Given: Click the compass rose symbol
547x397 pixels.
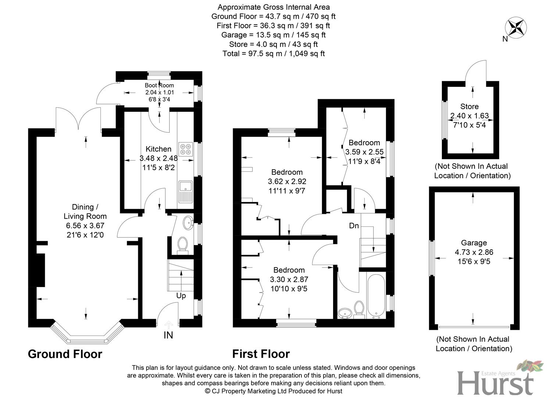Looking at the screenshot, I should pyautogui.click(x=516, y=27).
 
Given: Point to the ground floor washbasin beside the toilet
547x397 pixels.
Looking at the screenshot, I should pyautogui.click(x=188, y=222).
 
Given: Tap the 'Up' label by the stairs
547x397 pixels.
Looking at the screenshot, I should pyautogui.click(x=181, y=296).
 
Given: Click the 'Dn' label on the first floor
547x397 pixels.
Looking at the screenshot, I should pyautogui.click(x=354, y=226).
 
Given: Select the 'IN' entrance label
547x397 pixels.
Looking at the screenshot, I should pyautogui.click(x=168, y=335).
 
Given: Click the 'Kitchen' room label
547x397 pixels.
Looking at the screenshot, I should pyautogui.click(x=158, y=149).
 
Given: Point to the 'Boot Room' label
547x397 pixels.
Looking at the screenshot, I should pyautogui.click(x=159, y=85).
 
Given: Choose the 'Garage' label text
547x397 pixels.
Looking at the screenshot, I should pyautogui.click(x=474, y=243).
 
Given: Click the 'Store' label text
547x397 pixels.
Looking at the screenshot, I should pyautogui.click(x=469, y=107).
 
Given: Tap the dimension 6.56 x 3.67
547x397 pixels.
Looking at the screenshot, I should pyautogui.click(x=85, y=226).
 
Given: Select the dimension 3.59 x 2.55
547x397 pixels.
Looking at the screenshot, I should pyautogui.click(x=364, y=152).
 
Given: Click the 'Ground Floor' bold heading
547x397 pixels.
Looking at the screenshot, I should pyautogui.click(x=65, y=354).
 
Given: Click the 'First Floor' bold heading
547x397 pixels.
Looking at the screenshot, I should pyautogui.click(x=261, y=354).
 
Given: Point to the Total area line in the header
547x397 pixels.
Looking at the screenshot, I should pyautogui.click(x=273, y=54).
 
